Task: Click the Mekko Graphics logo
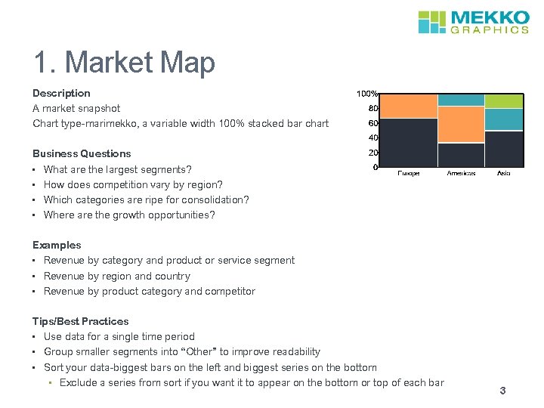point(473,22)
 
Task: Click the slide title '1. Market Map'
point(124,63)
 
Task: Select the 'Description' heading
point(61,93)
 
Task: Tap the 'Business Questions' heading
point(82,153)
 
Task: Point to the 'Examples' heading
point(57,245)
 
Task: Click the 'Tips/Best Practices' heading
point(80,321)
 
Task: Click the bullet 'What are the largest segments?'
point(117,169)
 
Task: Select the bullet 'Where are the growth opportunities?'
point(129,215)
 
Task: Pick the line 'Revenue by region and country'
point(116,276)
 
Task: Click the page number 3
point(502,391)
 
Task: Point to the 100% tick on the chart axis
point(367,94)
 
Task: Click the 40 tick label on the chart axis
point(372,138)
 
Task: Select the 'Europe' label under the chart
point(409,173)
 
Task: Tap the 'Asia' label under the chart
point(503,173)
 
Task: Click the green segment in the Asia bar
point(503,100)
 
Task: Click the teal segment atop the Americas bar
point(461,99)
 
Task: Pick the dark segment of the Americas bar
point(461,154)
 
